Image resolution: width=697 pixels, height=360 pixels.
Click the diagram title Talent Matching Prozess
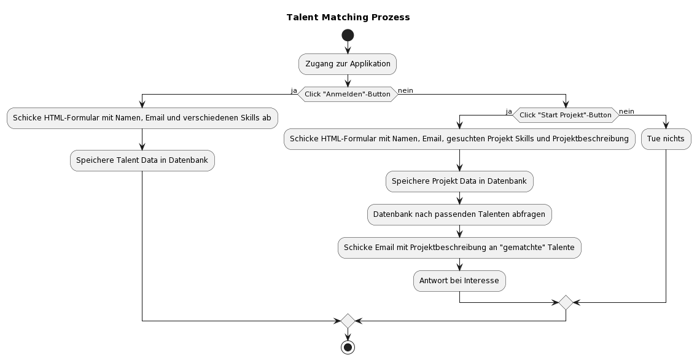348,17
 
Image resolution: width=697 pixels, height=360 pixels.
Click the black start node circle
348,35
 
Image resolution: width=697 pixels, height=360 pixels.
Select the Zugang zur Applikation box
348,64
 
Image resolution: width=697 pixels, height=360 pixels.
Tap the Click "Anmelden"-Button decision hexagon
348,93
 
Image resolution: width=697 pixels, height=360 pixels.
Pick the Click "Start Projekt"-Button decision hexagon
565,115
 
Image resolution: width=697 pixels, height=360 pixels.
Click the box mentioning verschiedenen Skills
142,118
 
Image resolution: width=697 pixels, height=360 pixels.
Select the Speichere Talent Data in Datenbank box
142,160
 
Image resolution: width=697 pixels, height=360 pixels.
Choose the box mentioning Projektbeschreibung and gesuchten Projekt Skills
459,139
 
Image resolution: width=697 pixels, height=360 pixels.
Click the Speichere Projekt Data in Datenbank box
459,181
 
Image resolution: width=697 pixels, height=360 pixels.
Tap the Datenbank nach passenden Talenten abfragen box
459,214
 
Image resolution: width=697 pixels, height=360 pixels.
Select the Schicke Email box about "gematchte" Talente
459,248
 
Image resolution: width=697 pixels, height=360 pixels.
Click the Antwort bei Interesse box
459,281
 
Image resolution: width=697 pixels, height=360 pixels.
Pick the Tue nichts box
666,139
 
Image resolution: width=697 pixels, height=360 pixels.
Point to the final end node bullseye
348,347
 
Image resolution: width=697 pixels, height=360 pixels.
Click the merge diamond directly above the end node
348,321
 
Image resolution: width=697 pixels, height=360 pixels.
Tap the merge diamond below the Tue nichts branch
565,302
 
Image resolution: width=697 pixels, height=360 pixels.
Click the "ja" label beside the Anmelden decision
294,90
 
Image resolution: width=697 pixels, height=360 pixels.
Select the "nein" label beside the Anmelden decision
405,90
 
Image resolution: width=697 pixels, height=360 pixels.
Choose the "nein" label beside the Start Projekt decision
626,111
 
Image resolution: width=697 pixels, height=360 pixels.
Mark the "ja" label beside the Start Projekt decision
508,111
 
